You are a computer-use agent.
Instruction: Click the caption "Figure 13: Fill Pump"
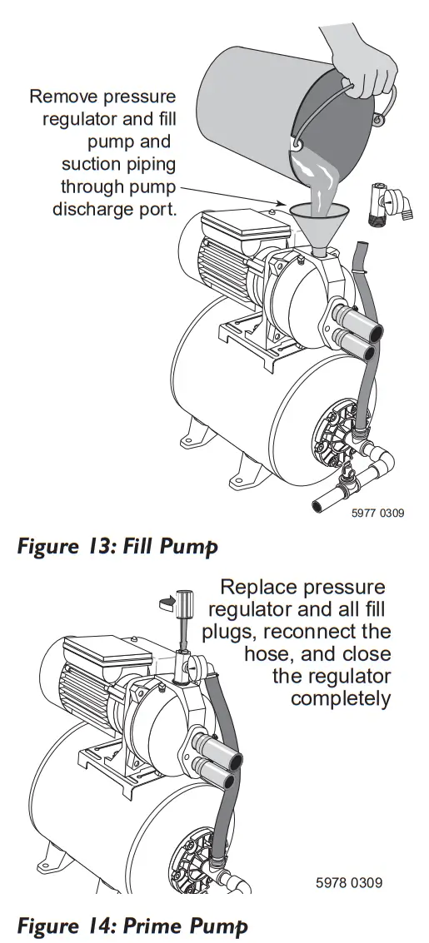click(117, 547)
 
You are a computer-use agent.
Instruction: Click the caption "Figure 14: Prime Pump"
click(132, 926)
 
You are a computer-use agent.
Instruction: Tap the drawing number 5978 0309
click(349, 881)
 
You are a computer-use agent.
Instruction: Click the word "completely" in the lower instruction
click(340, 697)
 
